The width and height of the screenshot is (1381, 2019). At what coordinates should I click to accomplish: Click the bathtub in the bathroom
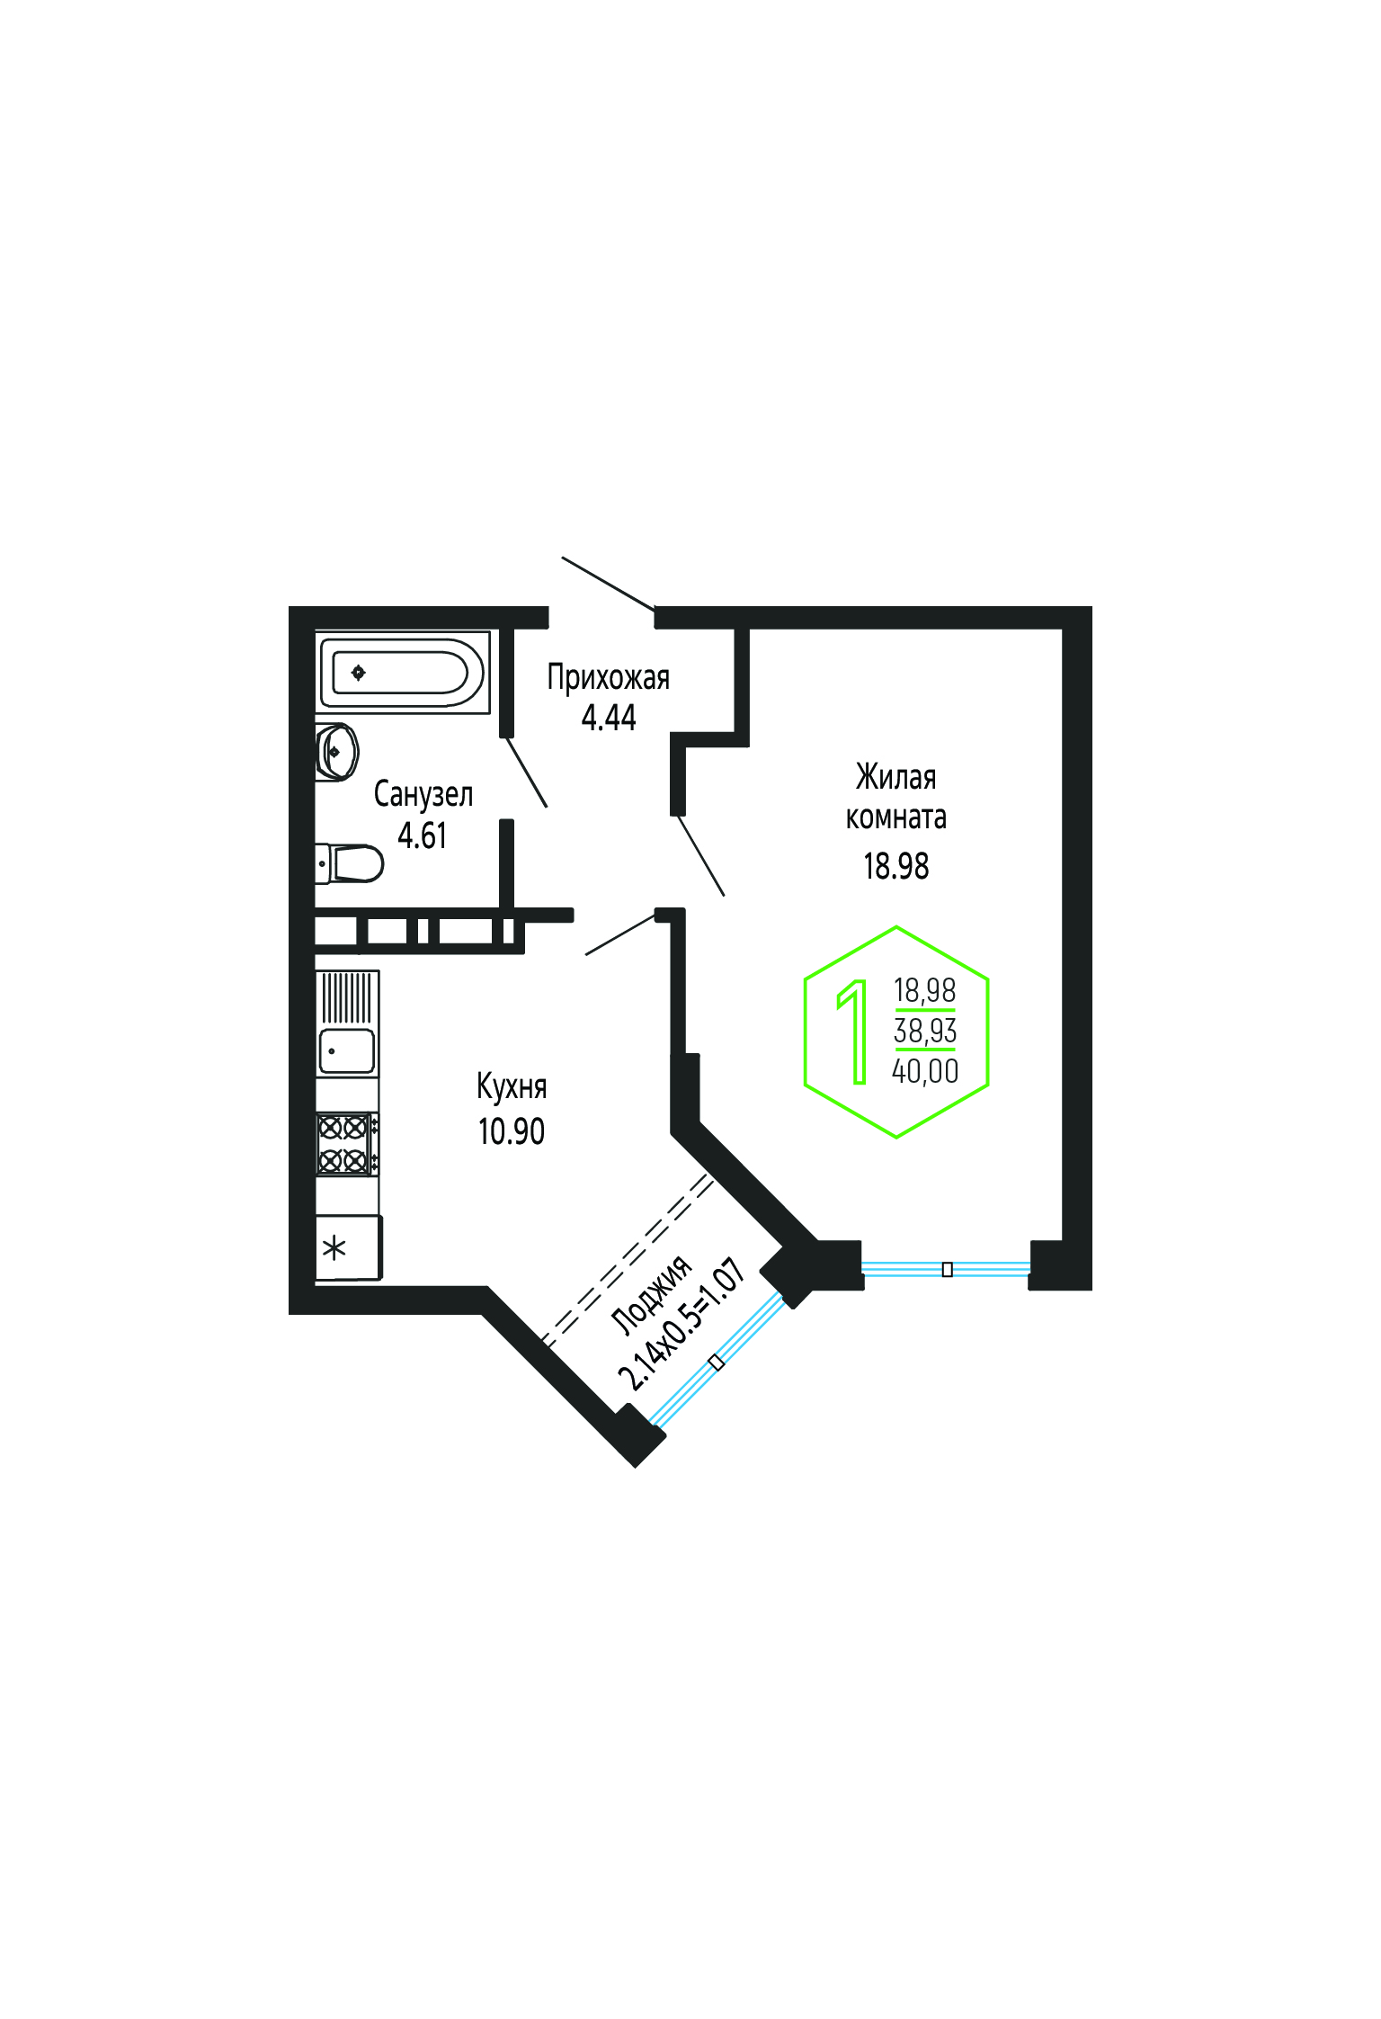coord(402,672)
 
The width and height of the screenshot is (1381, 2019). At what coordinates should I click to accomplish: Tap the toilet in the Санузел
coord(349,863)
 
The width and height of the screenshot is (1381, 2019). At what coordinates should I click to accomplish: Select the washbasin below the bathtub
coord(337,751)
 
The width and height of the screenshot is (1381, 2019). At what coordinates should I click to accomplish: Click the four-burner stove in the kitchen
coord(347,1144)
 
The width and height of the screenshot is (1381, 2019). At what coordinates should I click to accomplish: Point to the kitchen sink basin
coord(347,1051)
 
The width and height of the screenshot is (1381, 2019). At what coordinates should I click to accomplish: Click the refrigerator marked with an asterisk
coord(349,1247)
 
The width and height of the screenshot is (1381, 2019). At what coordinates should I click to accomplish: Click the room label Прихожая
coord(609,678)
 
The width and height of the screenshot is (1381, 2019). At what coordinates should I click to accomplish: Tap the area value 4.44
coord(609,718)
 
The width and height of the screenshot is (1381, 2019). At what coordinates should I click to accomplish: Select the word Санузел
coord(423,794)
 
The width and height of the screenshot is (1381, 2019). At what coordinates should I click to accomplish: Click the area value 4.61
coord(423,835)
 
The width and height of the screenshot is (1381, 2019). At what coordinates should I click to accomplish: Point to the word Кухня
coord(512,1087)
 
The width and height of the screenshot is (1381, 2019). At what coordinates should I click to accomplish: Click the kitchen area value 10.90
coord(512,1131)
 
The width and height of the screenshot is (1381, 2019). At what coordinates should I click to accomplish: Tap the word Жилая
coord(896,777)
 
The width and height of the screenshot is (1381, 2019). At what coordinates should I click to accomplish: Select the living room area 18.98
coord(896,866)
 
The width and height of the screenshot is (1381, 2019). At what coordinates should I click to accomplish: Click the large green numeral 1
coord(853,1032)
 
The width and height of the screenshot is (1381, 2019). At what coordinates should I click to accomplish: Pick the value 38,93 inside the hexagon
coord(925,1031)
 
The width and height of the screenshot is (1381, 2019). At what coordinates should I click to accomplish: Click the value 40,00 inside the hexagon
coord(925,1071)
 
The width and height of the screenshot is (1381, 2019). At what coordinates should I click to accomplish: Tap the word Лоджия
coord(652,1294)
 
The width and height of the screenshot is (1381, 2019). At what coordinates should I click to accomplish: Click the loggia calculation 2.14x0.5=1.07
coord(682,1325)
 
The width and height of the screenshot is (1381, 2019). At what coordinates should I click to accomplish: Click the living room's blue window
coord(946,1269)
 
